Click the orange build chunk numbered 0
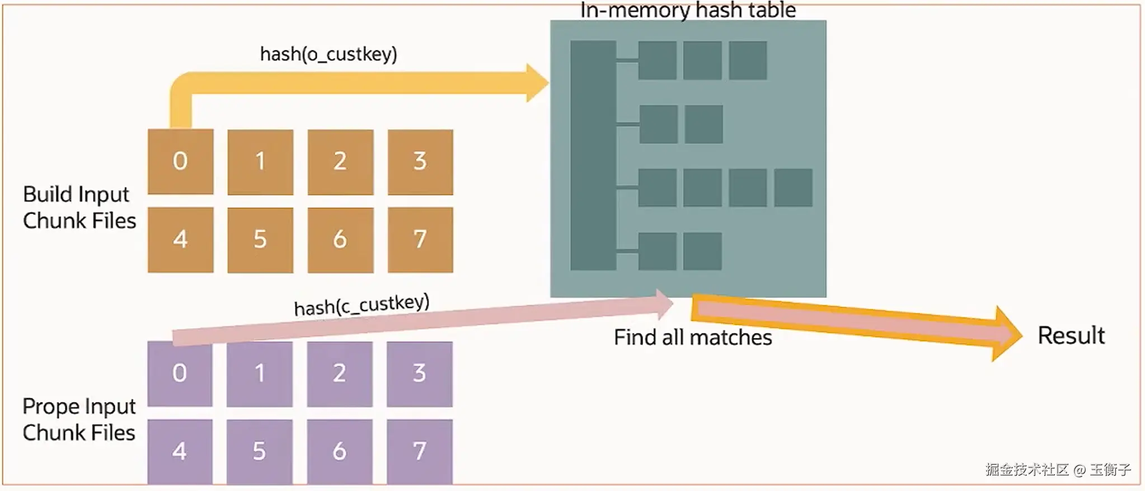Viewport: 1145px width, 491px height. point(180,162)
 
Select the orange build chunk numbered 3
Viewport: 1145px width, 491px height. point(420,162)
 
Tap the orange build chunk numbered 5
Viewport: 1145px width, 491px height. point(260,240)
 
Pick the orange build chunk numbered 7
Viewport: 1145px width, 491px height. point(420,240)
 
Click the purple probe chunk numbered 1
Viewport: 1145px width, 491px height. point(260,374)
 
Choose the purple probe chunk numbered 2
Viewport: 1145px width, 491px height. point(340,374)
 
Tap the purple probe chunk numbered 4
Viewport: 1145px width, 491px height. point(180,451)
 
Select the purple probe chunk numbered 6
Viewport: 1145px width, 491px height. point(340,451)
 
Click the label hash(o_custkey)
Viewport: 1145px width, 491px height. point(329,54)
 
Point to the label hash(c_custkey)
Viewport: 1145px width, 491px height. point(362,305)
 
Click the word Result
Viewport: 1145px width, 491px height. point(1071,336)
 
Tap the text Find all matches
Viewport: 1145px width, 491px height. point(692,338)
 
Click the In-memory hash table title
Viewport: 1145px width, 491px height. point(688,10)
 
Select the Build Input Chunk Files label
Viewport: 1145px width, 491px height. point(79,207)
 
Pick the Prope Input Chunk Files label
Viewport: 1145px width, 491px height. point(79,419)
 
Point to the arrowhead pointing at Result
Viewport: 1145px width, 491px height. point(1007,334)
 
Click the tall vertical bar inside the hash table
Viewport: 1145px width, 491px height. point(593,155)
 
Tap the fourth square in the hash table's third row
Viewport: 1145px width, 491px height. point(793,188)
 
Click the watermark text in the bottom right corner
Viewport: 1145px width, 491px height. point(1058,470)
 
